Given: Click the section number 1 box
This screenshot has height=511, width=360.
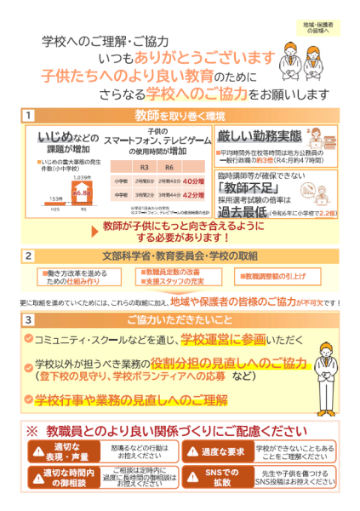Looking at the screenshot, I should [29, 114].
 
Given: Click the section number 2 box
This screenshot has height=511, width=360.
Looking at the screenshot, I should [29, 255].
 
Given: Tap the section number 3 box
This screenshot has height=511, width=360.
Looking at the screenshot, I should [29, 319].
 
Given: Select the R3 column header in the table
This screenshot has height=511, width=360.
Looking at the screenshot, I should [145, 167].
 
